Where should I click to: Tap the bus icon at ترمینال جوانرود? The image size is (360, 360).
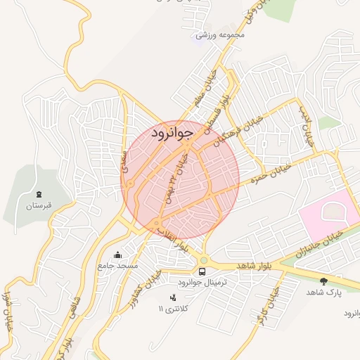[202, 271]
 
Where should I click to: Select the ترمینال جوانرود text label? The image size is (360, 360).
[203, 283]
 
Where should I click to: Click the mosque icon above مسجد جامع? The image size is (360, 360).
[117, 255]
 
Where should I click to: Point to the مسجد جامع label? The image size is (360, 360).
[117, 266]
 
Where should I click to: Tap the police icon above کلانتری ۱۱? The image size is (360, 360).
[174, 297]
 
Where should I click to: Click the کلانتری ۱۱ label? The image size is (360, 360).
[173, 308]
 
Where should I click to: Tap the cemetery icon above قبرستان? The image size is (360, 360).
[39, 194]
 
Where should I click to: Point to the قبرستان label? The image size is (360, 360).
[39, 206]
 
